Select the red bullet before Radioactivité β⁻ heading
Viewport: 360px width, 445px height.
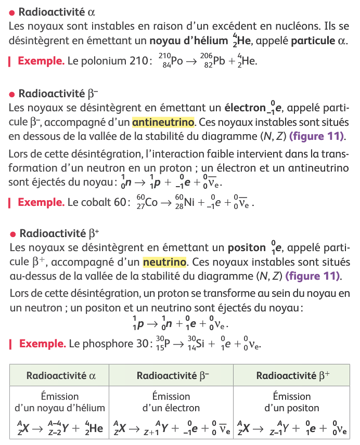[12, 94]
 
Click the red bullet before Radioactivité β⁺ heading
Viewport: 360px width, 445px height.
[12, 233]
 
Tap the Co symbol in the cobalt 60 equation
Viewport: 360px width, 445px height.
[151, 202]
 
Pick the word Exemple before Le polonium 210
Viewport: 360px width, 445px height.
[41, 61]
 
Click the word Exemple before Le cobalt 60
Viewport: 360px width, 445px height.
[41, 202]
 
